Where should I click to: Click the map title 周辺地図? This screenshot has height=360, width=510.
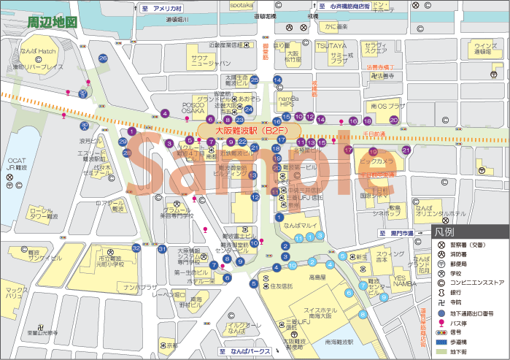[x=52, y=22]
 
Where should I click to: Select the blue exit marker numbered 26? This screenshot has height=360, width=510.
[x=103, y=58]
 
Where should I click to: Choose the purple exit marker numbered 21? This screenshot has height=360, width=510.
[x=406, y=150]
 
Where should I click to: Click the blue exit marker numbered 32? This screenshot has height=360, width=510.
[x=136, y=248]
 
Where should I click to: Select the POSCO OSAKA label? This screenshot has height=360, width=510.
[x=193, y=108]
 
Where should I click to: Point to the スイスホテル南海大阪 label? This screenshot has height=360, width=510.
[x=312, y=295]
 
